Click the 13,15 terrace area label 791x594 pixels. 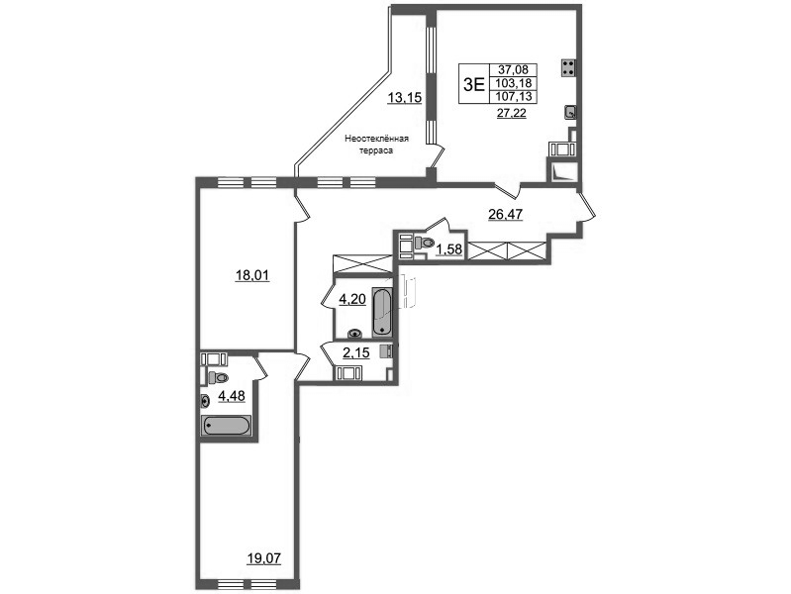(404, 97)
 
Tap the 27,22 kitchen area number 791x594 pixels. (512, 113)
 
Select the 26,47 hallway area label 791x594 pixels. (506, 215)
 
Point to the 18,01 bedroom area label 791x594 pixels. (252, 275)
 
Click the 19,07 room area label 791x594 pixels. (264, 558)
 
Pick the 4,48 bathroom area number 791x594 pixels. (231, 396)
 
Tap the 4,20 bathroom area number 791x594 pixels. (351, 300)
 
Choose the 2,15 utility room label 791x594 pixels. (356, 353)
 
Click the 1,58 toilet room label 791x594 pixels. (449, 249)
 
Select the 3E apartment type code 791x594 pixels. (473, 84)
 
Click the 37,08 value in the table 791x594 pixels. (513, 70)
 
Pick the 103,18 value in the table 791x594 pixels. (513, 83)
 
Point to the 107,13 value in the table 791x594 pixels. (513, 96)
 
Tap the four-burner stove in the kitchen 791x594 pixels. (568, 68)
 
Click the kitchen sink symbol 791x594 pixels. (570, 112)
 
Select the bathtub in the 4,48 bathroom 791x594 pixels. (226, 426)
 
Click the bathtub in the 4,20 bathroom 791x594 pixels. (382, 312)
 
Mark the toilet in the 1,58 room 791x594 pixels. (424, 243)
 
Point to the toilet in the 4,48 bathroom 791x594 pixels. (218, 377)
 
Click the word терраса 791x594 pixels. (376, 150)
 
